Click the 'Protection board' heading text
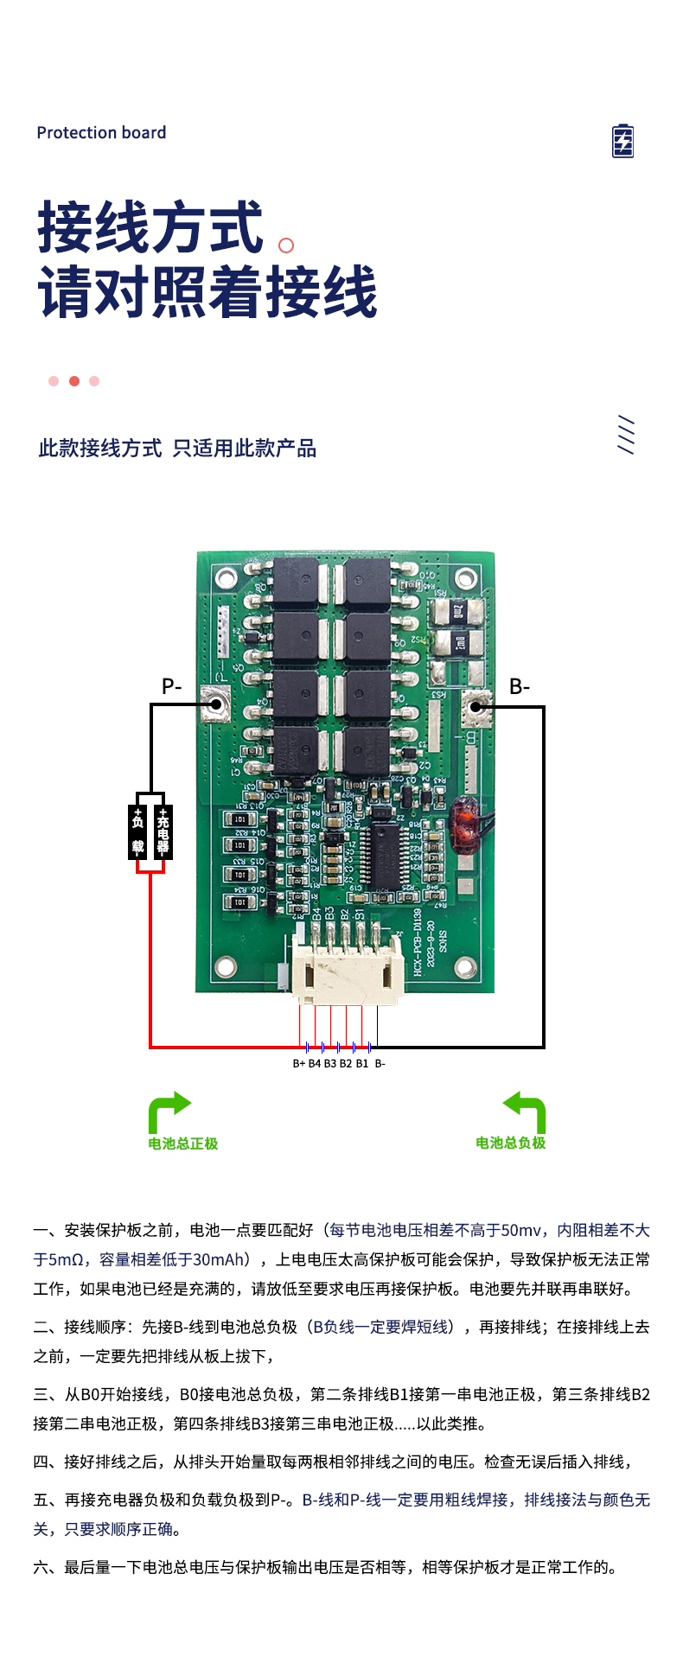coord(101,132)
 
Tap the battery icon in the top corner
coord(622,141)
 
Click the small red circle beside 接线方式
coord(286,245)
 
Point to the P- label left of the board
coord(172,686)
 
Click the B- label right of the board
coord(519,686)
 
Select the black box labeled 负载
coord(138,831)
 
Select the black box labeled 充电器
coord(163,831)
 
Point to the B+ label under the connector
coord(298,1063)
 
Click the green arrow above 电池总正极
coord(169,1111)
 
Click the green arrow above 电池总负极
coord(525,1111)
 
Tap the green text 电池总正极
coord(182,1143)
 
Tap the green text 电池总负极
coord(510,1143)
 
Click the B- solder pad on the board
coord(475,707)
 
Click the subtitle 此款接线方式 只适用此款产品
coord(177,448)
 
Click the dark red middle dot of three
coord(74,381)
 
